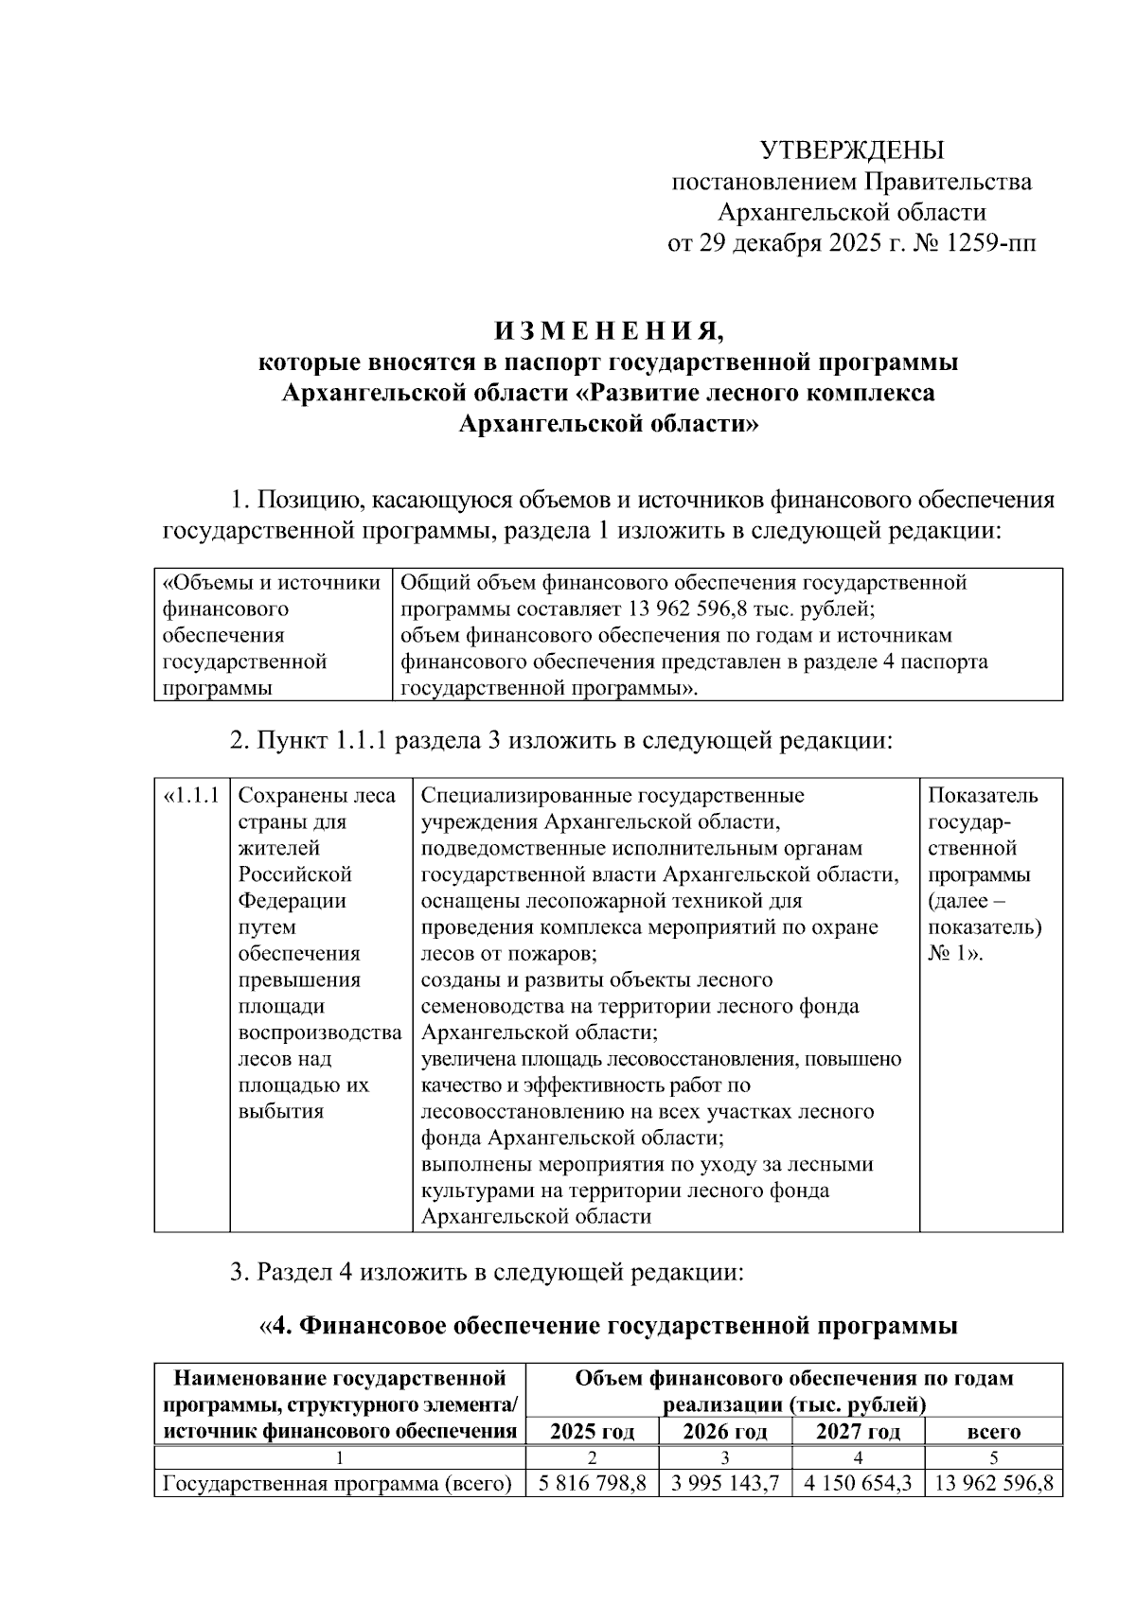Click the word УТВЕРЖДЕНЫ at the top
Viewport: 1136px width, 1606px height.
(x=852, y=150)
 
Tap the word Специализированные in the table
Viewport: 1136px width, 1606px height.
(x=530, y=796)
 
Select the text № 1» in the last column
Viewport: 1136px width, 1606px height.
(x=955, y=954)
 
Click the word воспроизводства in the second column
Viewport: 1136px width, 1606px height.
(x=319, y=1032)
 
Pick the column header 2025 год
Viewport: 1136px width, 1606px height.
(x=592, y=1432)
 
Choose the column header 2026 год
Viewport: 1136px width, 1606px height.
(x=725, y=1432)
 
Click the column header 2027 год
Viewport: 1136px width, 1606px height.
(x=858, y=1432)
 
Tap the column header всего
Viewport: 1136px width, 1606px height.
(x=993, y=1432)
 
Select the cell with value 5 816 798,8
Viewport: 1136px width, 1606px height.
(x=592, y=1484)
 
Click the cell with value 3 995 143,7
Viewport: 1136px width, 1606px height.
(x=725, y=1484)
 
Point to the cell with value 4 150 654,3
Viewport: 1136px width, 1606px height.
(x=858, y=1484)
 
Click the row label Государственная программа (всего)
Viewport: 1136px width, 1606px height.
(x=338, y=1484)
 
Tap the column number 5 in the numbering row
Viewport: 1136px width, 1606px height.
(x=993, y=1457)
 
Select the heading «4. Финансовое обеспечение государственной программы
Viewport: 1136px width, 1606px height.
(x=609, y=1326)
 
